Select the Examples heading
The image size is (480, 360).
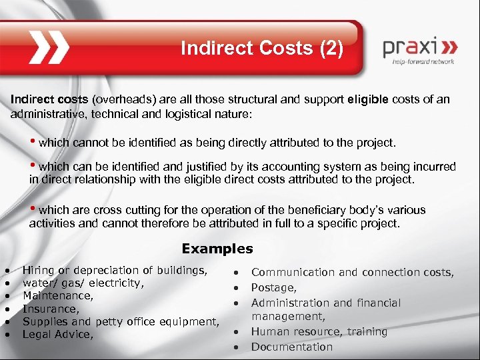pyautogui.click(x=217, y=249)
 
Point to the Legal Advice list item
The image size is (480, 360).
pyautogui.click(x=58, y=334)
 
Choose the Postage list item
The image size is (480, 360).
pyautogui.click(x=273, y=287)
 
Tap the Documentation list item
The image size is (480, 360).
pyautogui.click(x=291, y=347)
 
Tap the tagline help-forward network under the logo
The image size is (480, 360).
pyautogui.click(x=424, y=61)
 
